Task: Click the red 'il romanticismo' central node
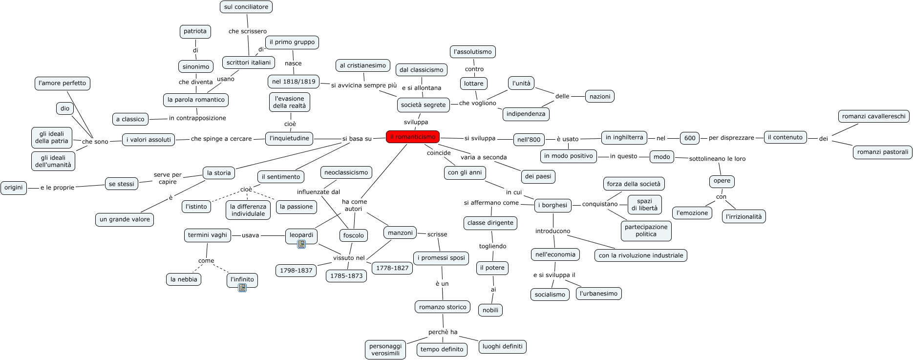coord(413,137)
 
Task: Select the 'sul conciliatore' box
coord(246,7)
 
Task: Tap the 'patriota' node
coord(195,31)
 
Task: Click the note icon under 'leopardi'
coord(301,244)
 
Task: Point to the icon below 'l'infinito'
coord(242,288)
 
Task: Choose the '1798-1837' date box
coord(296,271)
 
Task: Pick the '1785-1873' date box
coord(346,276)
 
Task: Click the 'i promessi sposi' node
coord(441,258)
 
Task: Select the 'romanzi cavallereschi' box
coord(874,116)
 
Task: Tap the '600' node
coord(690,138)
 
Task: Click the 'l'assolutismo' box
coord(473,52)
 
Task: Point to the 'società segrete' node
coord(423,105)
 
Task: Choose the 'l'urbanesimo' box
coord(599,294)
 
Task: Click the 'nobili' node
coord(490,310)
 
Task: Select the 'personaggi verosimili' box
coord(385,350)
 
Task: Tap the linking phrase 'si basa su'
coord(357,139)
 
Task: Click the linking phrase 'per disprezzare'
coord(731,138)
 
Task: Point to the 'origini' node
coord(14,188)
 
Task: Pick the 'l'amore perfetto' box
coord(63,83)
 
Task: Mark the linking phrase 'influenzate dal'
coord(318,192)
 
